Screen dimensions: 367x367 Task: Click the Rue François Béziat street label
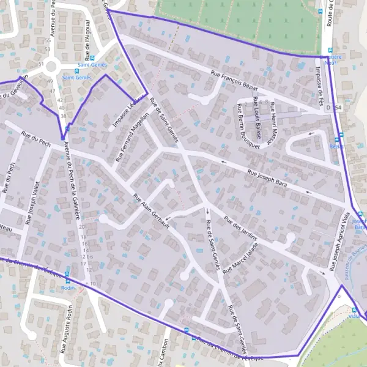242,84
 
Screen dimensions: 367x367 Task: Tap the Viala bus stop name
354,317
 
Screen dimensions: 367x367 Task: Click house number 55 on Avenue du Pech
48,41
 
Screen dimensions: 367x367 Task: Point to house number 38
62,115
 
